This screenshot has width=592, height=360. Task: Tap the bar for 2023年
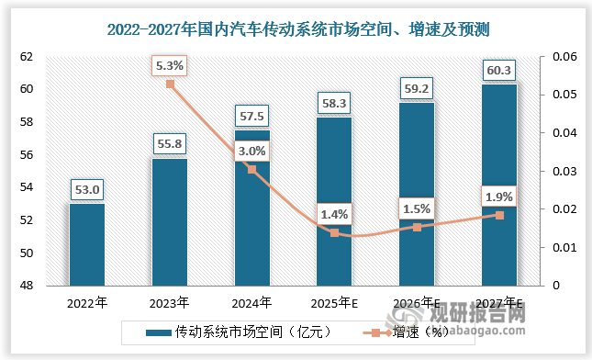point(170,221)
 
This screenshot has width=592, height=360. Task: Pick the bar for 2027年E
point(499,184)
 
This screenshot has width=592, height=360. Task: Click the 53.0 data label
point(87,190)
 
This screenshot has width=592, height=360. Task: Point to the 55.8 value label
point(170,144)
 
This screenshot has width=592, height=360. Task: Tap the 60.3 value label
point(499,70)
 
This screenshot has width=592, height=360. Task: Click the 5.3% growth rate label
point(170,65)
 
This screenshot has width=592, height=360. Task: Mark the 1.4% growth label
point(335,214)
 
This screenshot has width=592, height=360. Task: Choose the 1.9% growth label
point(499,196)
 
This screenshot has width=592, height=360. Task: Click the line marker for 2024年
point(252,170)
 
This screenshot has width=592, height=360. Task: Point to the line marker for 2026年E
point(417,227)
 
